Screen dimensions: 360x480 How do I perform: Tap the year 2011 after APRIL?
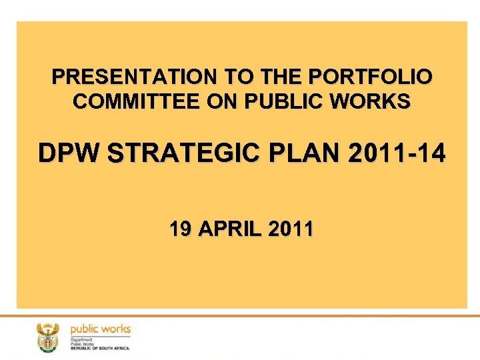(x=291, y=230)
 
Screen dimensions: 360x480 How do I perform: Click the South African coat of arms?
(x=48, y=337)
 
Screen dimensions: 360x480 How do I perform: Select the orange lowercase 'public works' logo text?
(x=101, y=329)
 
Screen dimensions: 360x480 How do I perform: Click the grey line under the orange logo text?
(x=101, y=336)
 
